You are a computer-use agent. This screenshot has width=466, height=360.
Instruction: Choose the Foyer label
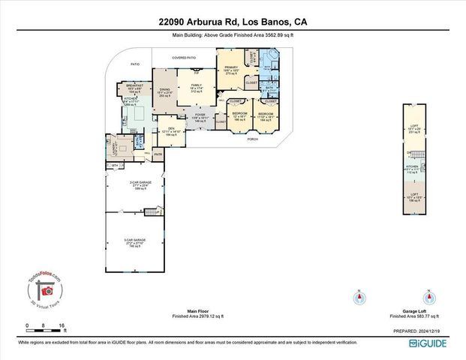[200, 118]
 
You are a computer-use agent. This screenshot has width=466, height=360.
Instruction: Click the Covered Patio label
[184, 57]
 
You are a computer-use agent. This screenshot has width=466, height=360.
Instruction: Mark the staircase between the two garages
[159, 211]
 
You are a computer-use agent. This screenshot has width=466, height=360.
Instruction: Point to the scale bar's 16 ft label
[62, 325]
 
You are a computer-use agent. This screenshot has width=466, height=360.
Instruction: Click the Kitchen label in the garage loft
[413, 167]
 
